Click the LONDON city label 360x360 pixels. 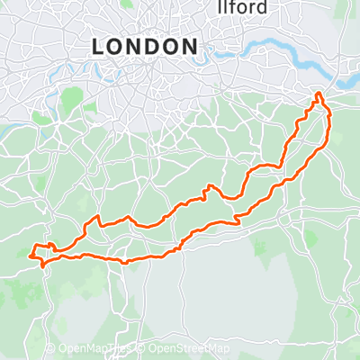pos(145,46)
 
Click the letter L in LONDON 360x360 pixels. pos(97,46)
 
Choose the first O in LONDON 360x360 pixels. pos(114,46)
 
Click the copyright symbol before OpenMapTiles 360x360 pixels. pos(50,349)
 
